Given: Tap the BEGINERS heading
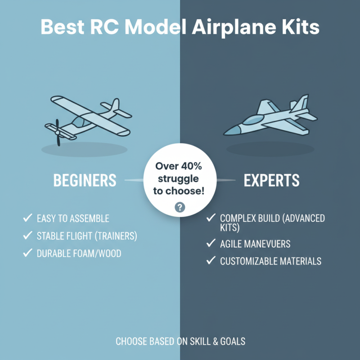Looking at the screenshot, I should click(x=85, y=180).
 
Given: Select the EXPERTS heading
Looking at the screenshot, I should click(x=271, y=180).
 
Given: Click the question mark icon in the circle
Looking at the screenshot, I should click(x=180, y=207).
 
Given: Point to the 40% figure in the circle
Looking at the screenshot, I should click(x=191, y=166).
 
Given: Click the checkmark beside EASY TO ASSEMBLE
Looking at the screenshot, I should click(x=27, y=219).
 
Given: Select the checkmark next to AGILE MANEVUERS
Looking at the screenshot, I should click(x=210, y=243).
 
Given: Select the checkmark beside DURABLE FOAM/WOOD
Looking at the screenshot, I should click(x=27, y=253).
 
